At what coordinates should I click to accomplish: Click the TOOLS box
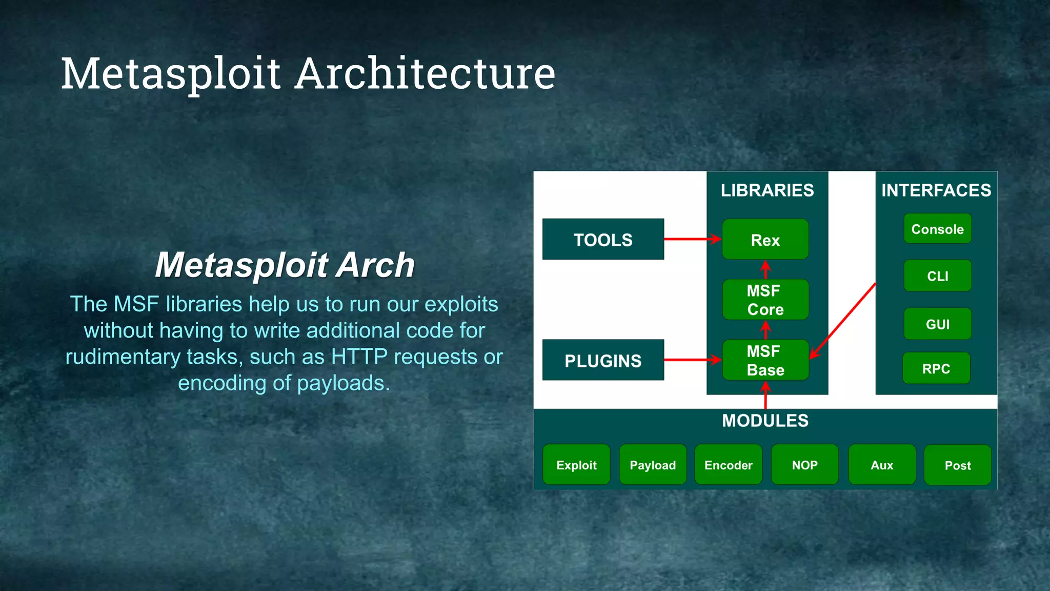click(603, 239)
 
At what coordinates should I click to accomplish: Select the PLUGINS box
click(603, 360)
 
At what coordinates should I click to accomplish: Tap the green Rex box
click(765, 240)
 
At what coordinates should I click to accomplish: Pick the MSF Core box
click(765, 300)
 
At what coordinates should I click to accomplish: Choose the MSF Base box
click(765, 360)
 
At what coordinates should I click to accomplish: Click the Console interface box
click(937, 229)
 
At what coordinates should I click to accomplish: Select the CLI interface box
click(937, 276)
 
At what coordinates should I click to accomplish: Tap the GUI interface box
click(937, 324)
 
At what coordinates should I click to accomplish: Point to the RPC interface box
click(936, 368)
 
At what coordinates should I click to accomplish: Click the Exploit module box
click(576, 465)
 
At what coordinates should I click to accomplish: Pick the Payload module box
click(653, 465)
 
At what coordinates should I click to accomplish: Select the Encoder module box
click(728, 465)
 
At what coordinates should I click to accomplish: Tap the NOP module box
click(804, 465)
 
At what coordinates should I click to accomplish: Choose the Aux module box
click(882, 465)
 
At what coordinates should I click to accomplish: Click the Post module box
click(957, 465)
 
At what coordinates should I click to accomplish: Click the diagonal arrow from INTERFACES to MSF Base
click(843, 320)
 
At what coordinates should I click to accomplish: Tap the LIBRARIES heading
click(767, 190)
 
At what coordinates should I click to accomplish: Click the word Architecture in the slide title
click(426, 73)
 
